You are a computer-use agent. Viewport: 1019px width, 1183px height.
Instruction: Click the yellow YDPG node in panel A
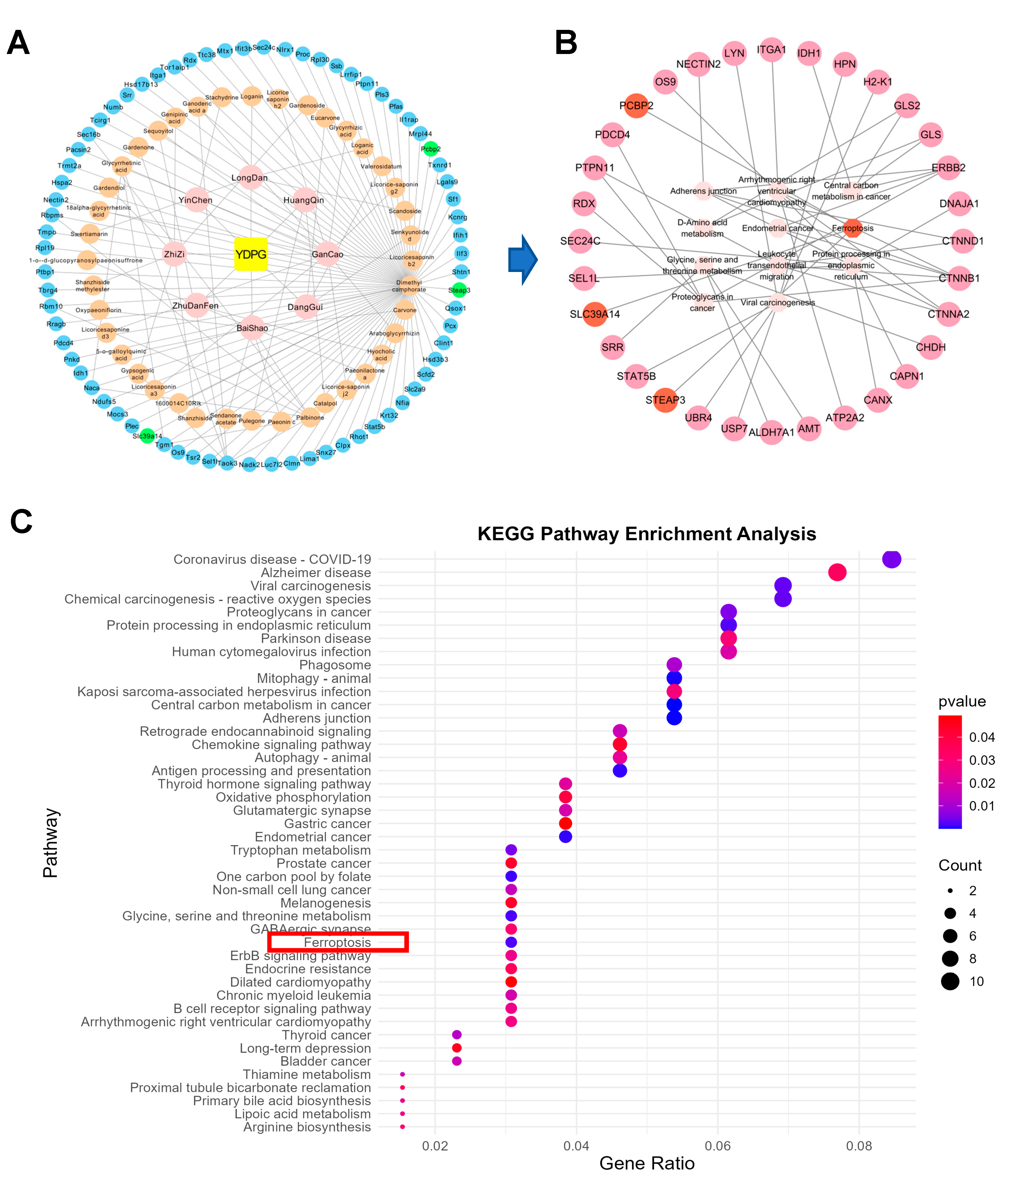point(251,254)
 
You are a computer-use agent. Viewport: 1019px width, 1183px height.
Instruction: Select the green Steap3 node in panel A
point(459,290)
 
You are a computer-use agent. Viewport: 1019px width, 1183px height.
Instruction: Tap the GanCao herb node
point(327,254)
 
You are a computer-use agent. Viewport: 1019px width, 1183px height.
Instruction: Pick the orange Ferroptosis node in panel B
point(852,228)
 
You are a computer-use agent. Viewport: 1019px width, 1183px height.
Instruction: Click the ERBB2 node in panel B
point(948,168)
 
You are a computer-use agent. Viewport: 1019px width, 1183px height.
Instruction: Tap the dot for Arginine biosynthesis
point(403,1126)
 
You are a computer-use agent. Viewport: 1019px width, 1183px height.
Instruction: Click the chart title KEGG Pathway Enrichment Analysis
point(647,534)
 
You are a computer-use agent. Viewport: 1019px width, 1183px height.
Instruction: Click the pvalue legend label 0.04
point(982,737)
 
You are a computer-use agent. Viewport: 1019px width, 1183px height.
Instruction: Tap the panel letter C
point(21,522)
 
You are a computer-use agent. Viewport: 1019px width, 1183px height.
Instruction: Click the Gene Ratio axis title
point(647,1163)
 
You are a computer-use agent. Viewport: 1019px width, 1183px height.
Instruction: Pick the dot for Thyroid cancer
point(456,1035)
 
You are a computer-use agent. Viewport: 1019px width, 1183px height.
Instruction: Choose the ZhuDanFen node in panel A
point(196,306)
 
